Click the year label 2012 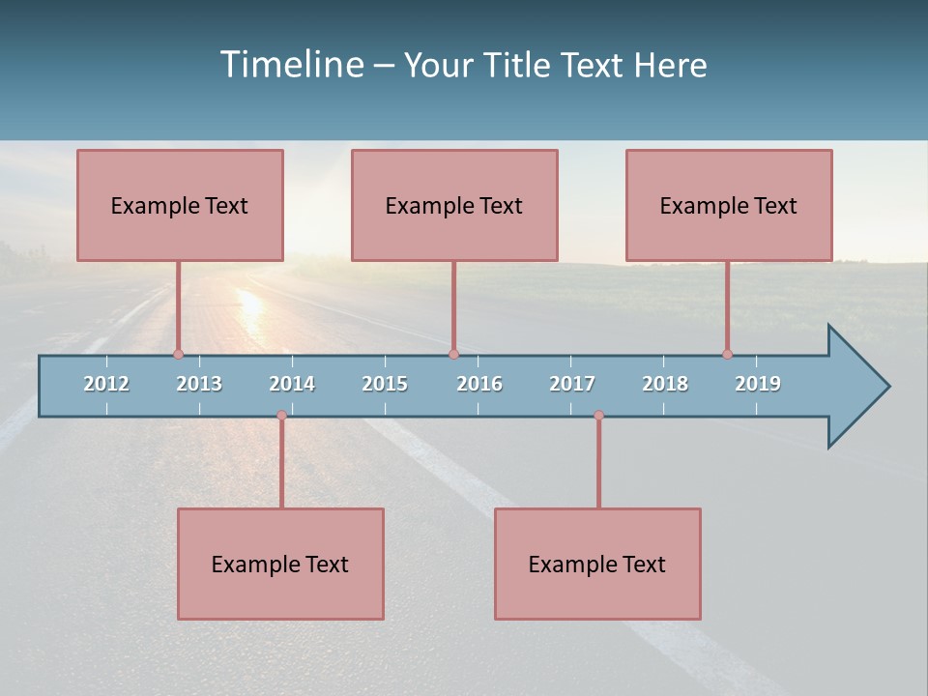(106, 384)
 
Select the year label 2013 (199, 384)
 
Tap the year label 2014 (292, 384)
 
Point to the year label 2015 (385, 384)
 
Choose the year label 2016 (479, 384)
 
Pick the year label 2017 (572, 384)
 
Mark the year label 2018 (665, 384)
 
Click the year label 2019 (758, 384)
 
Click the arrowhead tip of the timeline (887, 387)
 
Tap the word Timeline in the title (291, 65)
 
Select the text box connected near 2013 (180, 205)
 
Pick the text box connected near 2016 (454, 205)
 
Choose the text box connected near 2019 (729, 205)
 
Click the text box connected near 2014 (280, 564)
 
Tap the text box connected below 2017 (597, 564)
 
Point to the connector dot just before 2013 (179, 354)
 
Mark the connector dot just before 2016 (453, 354)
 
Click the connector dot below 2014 (281, 416)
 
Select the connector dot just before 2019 (727, 354)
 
